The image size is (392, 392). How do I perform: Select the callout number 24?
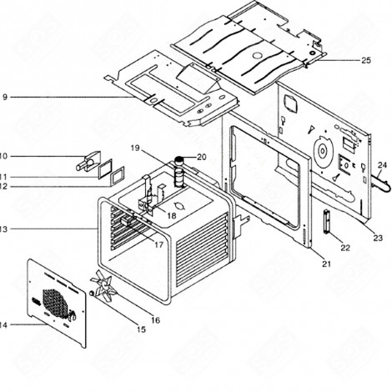383,164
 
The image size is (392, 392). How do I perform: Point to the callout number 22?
344,248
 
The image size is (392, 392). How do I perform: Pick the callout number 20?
200,157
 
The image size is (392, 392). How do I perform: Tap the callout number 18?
171,215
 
